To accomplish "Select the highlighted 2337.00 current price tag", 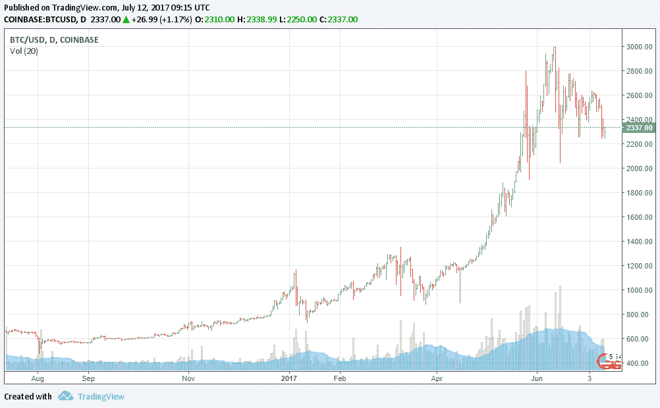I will tap(638, 127).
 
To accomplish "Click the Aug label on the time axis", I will tap(38, 378).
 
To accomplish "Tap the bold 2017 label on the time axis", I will tap(290, 378).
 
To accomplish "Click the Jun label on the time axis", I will tap(537, 378).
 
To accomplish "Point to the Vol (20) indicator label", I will tap(24, 51).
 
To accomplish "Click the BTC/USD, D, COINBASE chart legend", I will tap(54, 40).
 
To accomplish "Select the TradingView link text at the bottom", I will tap(101, 396).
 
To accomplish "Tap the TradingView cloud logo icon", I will tap(65, 396).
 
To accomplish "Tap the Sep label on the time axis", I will tap(89, 378).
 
